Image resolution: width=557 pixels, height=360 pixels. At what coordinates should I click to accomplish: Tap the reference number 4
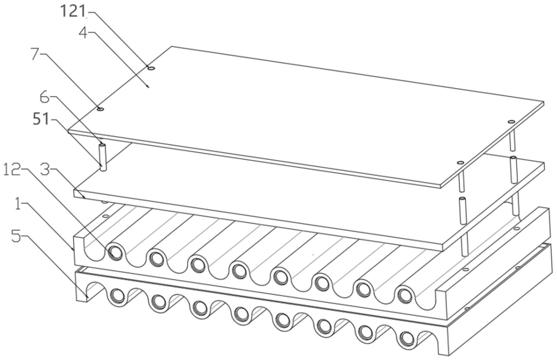click(x=83, y=32)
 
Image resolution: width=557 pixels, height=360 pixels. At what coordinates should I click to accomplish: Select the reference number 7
click(x=36, y=54)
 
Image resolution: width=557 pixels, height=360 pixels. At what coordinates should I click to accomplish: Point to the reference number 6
click(x=45, y=98)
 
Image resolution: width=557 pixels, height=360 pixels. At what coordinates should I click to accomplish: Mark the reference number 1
click(x=18, y=205)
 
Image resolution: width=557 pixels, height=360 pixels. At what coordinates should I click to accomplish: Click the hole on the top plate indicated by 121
click(x=151, y=68)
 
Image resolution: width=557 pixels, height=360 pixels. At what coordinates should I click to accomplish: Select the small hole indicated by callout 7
click(x=101, y=109)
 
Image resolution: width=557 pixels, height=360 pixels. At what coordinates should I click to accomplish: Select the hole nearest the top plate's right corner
click(x=511, y=122)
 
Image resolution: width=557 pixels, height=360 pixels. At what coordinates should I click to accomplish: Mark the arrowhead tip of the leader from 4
click(x=148, y=87)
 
